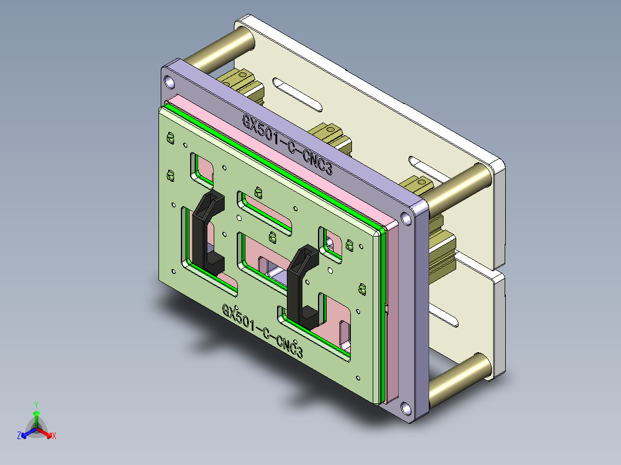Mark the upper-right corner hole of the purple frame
tap(407, 218)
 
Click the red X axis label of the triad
tap(54, 436)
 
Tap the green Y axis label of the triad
tap(36, 404)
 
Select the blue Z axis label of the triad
tap(19, 436)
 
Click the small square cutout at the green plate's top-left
tap(202, 168)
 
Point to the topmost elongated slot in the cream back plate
tap(298, 94)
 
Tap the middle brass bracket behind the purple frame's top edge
tap(330, 136)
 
